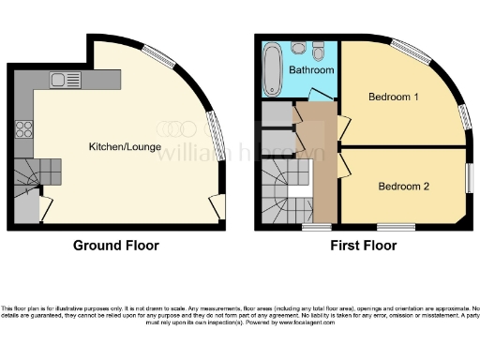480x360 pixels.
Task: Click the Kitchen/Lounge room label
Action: pyautogui.click(x=125, y=147)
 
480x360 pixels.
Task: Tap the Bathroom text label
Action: pyautogui.click(x=310, y=70)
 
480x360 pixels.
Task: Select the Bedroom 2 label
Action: pyautogui.click(x=403, y=186)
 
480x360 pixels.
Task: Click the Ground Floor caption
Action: pyautogui.click(x=116, y=246)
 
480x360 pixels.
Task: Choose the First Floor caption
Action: pyautogui.click(x=363, y=246)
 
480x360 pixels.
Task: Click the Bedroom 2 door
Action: pyautogui.click(x=343, y=167)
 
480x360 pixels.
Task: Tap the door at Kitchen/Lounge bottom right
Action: pyautogui.click(x=217, y=205)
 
